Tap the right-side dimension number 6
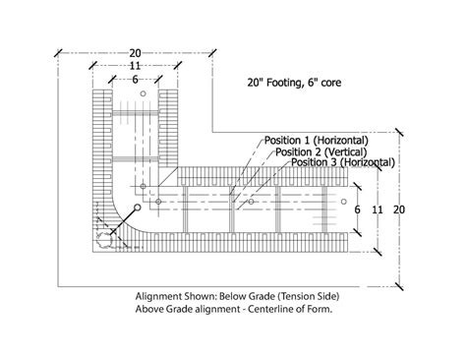358,210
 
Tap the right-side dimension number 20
399,210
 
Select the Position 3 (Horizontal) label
344,162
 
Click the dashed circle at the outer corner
104,240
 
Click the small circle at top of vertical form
144,96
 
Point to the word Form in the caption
311,307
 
